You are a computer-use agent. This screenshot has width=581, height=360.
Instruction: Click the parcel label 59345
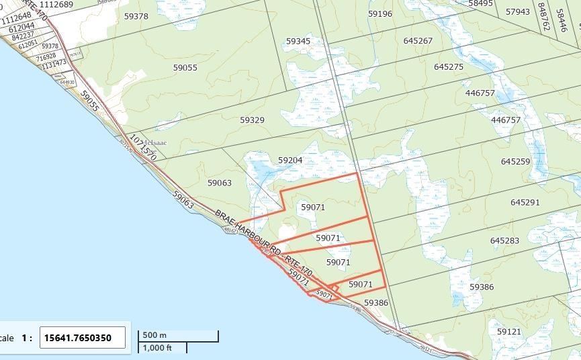298,41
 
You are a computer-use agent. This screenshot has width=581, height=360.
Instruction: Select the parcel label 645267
418,41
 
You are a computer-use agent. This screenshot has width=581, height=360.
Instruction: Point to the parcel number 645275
449,66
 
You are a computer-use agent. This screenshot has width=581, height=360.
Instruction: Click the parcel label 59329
252,120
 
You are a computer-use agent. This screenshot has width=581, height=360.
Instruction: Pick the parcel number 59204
290,161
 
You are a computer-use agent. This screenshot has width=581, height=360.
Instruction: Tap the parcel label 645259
515,162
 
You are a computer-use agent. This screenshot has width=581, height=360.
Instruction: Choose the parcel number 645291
525,202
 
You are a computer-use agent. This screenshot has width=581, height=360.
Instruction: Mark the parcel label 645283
504,240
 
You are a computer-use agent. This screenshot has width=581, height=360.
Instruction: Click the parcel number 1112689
56,5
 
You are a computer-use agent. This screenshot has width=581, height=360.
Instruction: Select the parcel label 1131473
54,64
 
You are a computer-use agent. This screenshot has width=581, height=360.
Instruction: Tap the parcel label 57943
518,12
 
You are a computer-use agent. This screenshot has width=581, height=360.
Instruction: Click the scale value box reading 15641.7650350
82,338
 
